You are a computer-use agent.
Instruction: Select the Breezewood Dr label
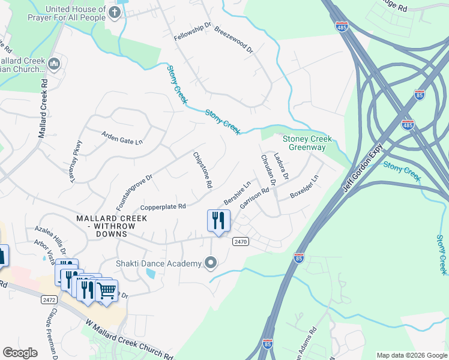(x=233, y=41)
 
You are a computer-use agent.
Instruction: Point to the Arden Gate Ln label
(x=122, y=137)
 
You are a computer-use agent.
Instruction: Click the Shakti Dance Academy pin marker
(x=210, y=263)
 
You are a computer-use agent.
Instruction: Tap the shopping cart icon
(x=106, y=291)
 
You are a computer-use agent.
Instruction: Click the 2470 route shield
(x=239, y=241)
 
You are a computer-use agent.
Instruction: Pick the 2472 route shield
(x=49, y=298)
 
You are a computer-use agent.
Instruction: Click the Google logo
(x=20, y=353)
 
